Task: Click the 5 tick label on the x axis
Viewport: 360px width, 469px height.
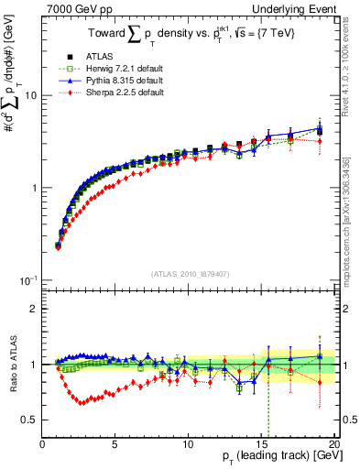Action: (x=115, y=444)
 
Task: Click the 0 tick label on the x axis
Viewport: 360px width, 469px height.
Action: (x=42, y=444)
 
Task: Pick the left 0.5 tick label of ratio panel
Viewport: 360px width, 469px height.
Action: (x=29, y=420)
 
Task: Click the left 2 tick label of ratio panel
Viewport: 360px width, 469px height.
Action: (x=34, y=309)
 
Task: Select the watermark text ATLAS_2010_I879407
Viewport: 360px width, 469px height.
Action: (x=190, y=273)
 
